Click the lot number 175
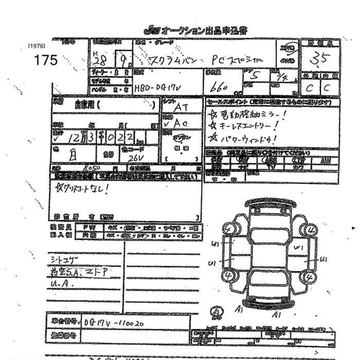[46, 60]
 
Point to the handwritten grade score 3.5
[319, 60]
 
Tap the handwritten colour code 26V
[135, 157]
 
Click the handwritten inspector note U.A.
[60, 283]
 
